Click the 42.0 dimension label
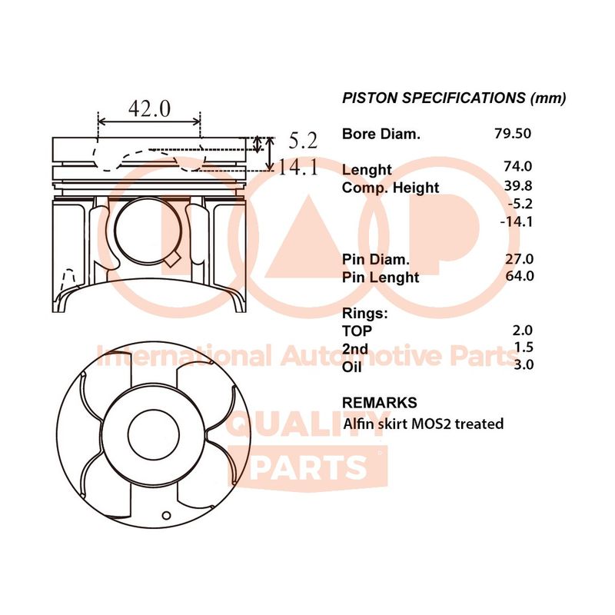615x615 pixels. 149,108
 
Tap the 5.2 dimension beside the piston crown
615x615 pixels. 303,141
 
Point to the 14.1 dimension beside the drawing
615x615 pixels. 298,167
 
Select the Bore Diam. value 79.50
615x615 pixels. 513,133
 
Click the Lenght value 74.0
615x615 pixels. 518,166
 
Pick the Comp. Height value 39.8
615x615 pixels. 518,185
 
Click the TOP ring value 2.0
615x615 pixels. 523,331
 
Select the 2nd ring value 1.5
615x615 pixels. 524,347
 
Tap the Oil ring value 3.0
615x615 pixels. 524,364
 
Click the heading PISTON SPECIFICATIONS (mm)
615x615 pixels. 454,98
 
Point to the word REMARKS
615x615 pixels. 379,403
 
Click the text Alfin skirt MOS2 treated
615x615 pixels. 424,424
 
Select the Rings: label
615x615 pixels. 364,314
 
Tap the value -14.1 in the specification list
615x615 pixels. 516,221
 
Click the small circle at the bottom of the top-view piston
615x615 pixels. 166,515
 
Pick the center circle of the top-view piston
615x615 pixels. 154,435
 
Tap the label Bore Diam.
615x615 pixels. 381,134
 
